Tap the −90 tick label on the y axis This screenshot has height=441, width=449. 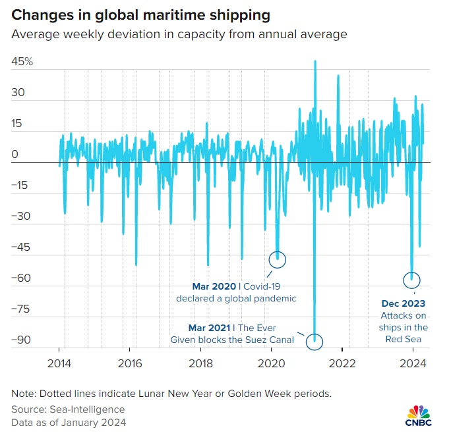[x=22, y=340]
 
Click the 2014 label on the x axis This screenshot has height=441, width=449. [x=59, y=363]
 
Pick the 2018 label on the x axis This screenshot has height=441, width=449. [x=201, y=363]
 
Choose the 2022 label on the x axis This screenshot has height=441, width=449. [x=343, y=363]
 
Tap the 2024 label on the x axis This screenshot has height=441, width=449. [x=414, y=363]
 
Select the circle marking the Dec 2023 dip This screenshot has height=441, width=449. [x=412, y=280]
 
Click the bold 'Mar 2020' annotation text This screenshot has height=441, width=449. [x=213, y=286]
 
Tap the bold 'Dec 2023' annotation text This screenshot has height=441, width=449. [x=404, y=303]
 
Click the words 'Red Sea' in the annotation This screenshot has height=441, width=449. [x=404, y=340]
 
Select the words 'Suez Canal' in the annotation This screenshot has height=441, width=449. [x=269, y=340]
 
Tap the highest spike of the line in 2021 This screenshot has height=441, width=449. [x=315, y=61]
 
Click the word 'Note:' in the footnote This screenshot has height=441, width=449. [x=24, y=394]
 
